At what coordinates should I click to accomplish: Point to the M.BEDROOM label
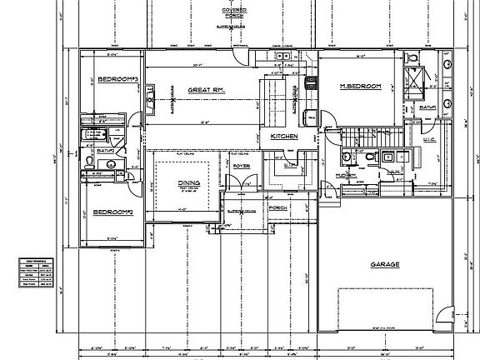point(359,87)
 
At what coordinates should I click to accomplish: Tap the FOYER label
point(242,166)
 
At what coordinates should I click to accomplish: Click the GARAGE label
point(386,265)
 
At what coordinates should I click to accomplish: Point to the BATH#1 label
point(429,107)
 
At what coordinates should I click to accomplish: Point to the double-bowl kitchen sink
point(282,57)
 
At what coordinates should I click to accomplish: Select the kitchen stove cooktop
point(312,82)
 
